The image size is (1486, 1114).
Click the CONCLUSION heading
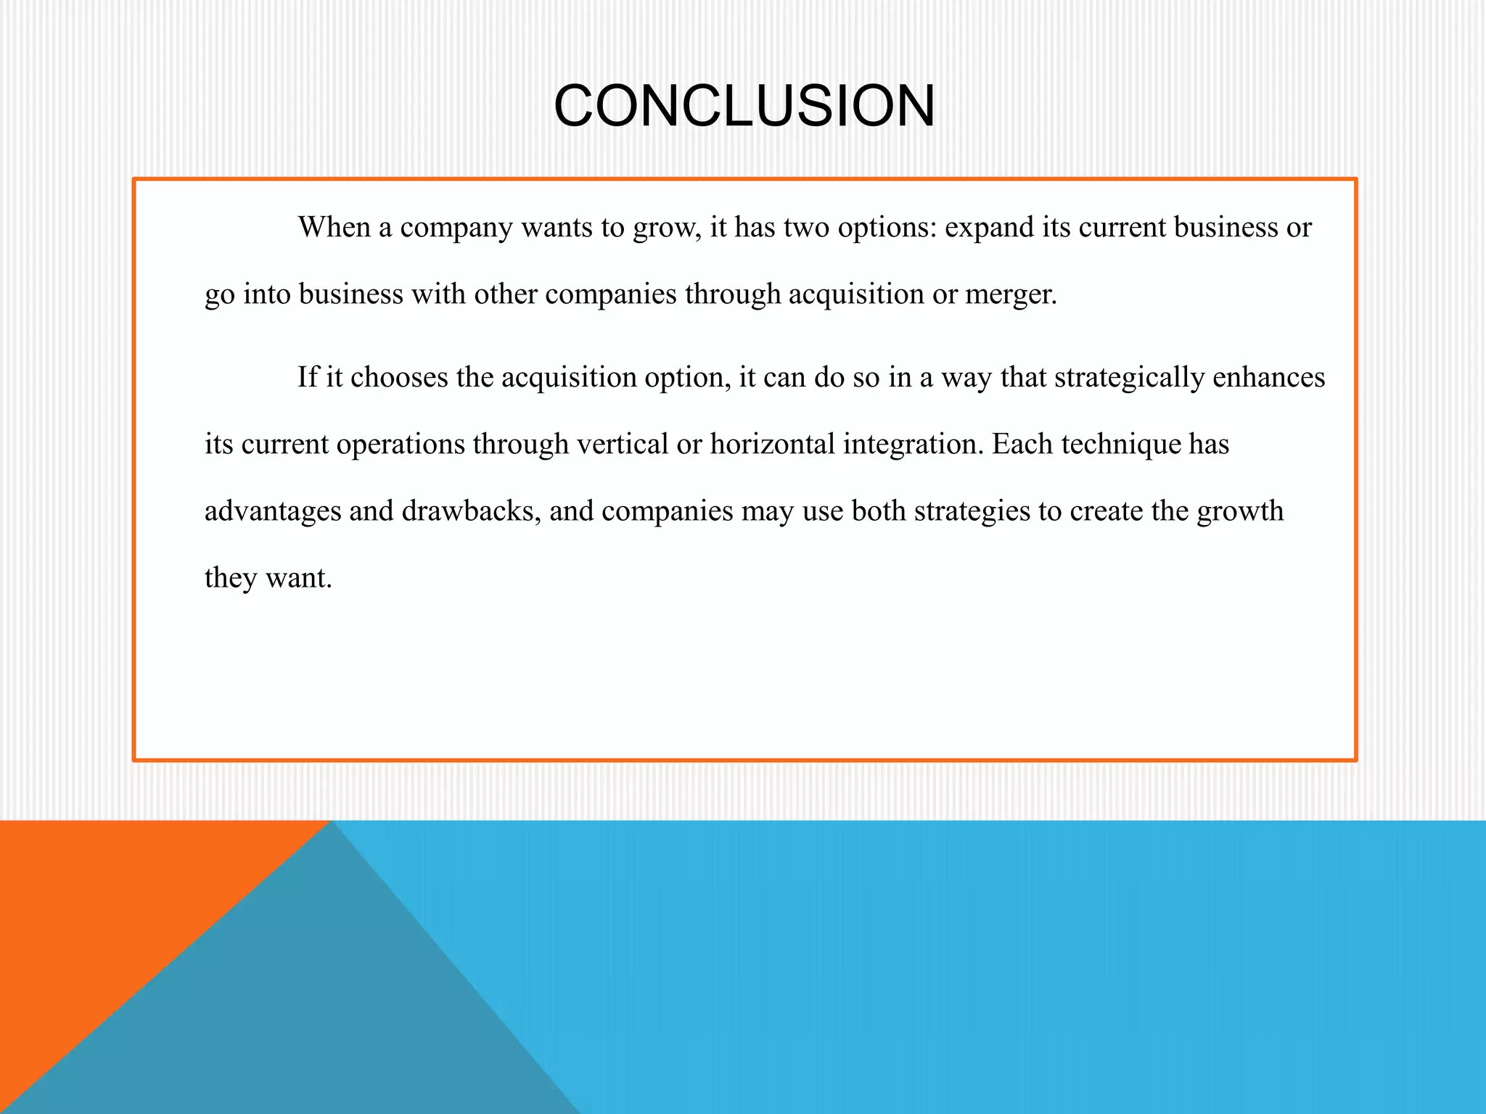point(744,107)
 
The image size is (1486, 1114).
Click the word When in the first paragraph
point(334,228)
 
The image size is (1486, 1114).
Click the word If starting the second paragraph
point(308,377)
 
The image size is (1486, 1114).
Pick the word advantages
point(272,512)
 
